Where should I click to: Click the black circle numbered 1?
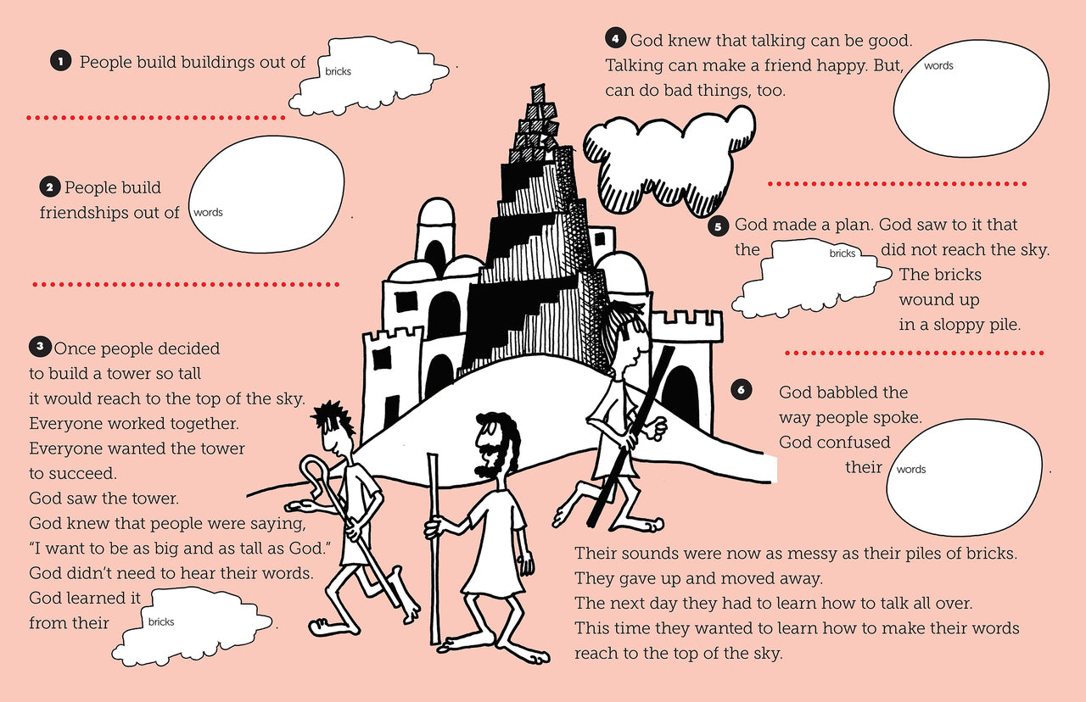pos(60,61)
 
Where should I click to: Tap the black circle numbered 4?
pos(616,39)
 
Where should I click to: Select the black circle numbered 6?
pos(741,390)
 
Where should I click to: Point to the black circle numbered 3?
pos(40,347)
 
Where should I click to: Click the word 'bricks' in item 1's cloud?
pos(338,72)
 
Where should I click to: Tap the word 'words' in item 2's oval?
pos(208,213)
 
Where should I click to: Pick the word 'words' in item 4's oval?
pos(938,66)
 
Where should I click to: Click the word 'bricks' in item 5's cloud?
pos(842,253)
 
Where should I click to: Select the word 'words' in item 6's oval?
pos(911,470)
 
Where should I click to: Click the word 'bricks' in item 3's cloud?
pos(161,622)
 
